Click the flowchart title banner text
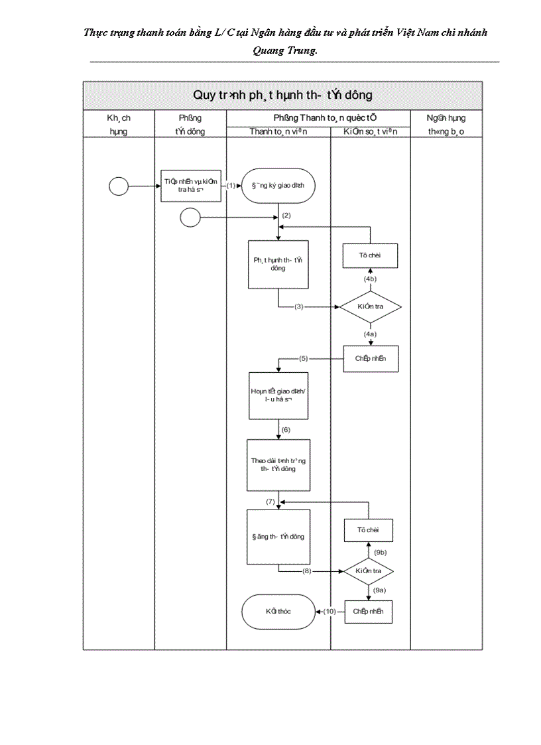coord(282,96)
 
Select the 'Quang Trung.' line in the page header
coord(285,50)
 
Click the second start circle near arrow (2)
coord(190,217)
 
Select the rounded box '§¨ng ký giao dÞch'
coord(278,186)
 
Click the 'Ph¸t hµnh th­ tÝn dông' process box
coord(278,264)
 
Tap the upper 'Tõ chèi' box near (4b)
coord(370,255)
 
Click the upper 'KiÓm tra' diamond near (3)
coord(370,307)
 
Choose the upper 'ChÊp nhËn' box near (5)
coord(371,359)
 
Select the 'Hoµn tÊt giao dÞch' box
coord(278,395)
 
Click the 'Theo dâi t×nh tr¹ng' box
coord(278,464)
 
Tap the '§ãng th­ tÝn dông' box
coord(278,536)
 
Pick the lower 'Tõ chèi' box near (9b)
coord(369,531)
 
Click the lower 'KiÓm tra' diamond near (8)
coord(369,571)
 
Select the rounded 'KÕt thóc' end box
coord(278,611)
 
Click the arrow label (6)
coord(286,430)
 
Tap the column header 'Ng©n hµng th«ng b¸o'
coord(446,124)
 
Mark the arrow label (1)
coord(231,186)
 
